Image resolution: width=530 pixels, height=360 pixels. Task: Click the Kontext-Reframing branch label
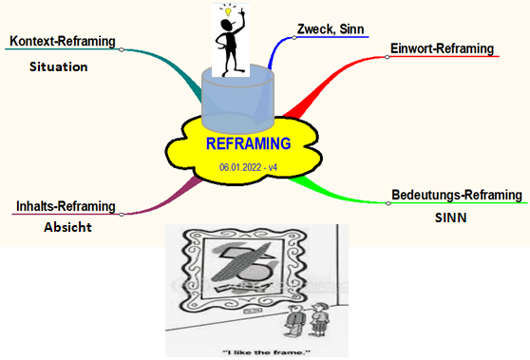(x=63, y=41)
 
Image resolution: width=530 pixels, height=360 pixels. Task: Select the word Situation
(x=59, y=66)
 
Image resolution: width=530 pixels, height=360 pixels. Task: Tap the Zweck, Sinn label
(x=331, y=29)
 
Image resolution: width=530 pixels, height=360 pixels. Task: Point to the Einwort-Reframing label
(x=442, y=48)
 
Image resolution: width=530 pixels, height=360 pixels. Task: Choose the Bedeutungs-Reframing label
(x=457, y=195)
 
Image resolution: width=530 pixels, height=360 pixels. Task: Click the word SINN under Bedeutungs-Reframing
(x=450, y=218)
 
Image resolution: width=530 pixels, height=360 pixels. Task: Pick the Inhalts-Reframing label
(x=66, y=206)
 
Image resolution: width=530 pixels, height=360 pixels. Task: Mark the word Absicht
(x=67, y=227)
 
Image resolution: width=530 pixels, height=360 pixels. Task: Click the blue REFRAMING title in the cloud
(x=249, y=143)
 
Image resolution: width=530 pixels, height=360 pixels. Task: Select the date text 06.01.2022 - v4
(x=249, y=167)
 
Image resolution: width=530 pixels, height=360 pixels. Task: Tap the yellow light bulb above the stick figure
(x=229, y=12)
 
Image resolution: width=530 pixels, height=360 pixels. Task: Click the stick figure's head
(x=226, y=25)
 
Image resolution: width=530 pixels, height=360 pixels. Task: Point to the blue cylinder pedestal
(x=237, y=99)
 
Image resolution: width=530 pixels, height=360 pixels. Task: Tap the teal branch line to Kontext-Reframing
(x=169, y=65)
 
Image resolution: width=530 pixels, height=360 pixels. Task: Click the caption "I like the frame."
(x=266, y=352)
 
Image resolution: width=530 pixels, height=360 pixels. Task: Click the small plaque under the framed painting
(x=251, y=311)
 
